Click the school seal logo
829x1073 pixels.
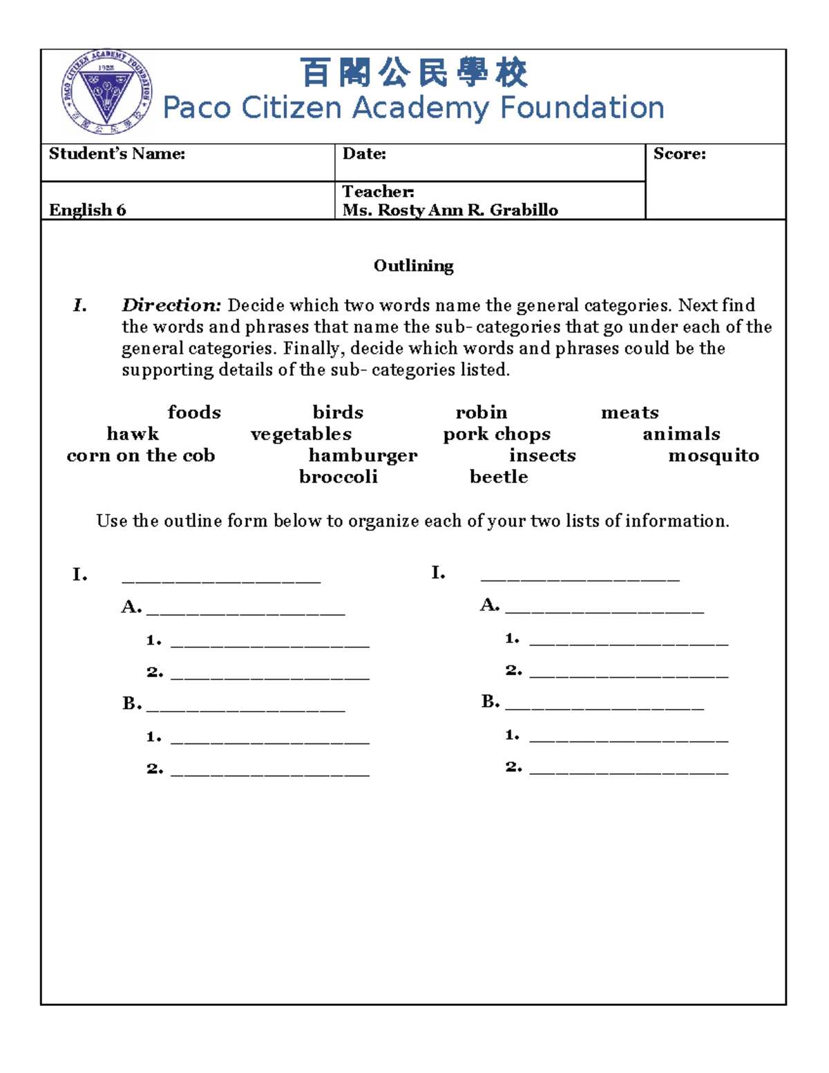106,92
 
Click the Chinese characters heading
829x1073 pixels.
413,73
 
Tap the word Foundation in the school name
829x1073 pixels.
582,108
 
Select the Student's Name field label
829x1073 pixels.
117,154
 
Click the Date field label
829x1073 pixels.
364,154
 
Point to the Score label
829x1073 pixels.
679,154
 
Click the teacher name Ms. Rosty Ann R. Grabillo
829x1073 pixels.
450,210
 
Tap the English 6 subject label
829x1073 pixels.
87,210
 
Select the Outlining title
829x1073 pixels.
413,266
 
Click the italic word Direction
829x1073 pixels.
171,305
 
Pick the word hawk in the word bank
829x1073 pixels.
133,434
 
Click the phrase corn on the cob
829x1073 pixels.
141,455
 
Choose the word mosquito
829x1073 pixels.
714,455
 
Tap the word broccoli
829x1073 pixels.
338,477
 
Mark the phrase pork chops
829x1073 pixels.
497,435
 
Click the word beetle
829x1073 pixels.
498,477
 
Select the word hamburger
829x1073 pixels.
363,456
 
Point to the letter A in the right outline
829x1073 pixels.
489,605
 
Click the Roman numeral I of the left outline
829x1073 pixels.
79,575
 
